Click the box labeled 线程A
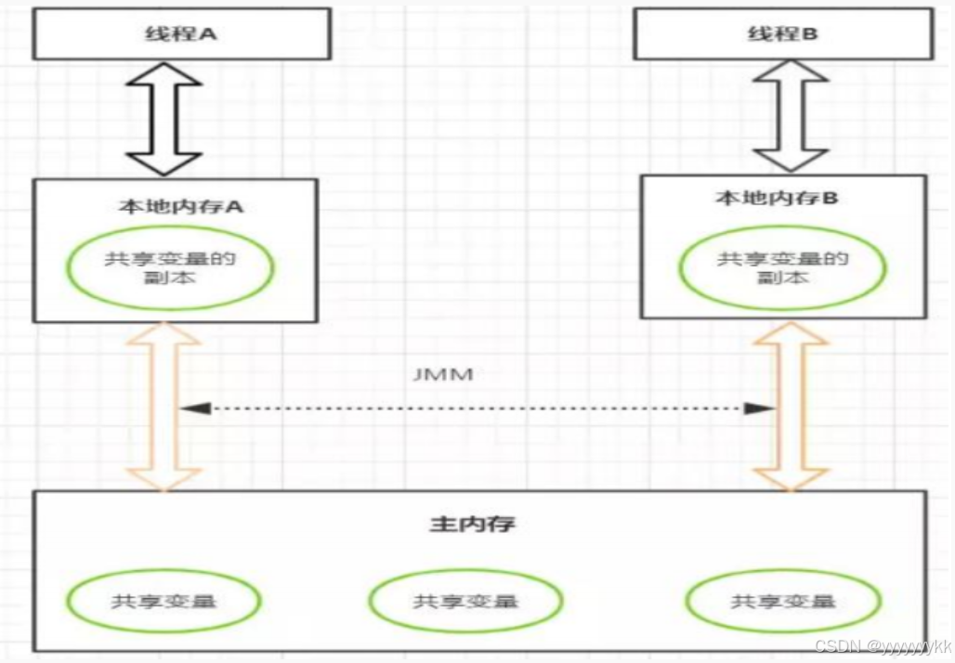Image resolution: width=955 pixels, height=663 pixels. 182,34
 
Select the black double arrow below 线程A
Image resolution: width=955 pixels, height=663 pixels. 164,118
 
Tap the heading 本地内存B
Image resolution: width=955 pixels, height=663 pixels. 777,199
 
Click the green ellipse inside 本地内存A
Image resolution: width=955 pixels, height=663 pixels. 170,266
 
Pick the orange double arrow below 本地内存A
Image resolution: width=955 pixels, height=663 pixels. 164,406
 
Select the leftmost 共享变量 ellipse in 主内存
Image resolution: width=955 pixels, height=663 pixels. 164,600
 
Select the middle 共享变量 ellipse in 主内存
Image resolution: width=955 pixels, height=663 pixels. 464,601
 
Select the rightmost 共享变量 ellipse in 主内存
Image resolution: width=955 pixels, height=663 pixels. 782,600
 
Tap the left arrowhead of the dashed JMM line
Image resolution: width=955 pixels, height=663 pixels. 192,408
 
